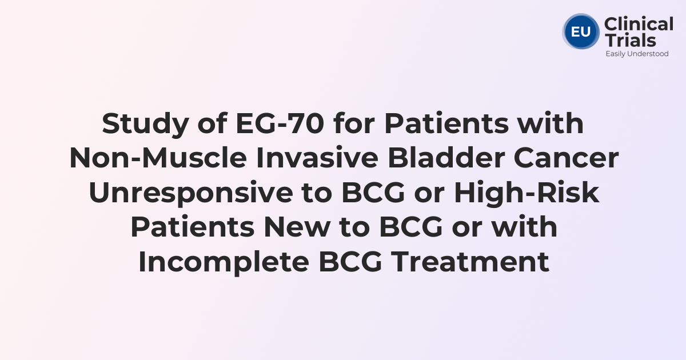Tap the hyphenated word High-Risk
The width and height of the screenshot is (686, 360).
tap(527, 194)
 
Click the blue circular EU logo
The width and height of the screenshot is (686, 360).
tap(581, 31)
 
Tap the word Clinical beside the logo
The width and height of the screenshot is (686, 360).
tap(639, 25)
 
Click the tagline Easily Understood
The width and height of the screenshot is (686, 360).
tap(637, 54)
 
